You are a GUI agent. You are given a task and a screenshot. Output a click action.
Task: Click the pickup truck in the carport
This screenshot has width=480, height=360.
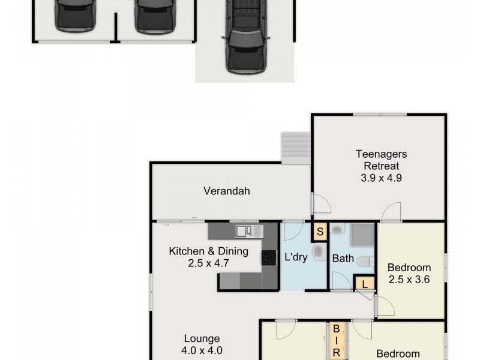click(245, 36)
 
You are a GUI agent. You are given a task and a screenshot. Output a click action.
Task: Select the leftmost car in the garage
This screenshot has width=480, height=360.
click(75, 15)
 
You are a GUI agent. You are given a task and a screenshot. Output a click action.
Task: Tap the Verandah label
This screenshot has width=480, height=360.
click(226, 191)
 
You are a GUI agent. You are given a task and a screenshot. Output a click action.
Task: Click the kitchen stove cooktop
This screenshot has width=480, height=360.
click(269, 258)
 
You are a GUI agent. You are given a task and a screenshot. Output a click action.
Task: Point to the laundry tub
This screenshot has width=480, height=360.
click(319, 251)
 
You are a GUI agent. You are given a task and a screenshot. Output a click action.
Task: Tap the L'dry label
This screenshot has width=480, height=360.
click(296, 258)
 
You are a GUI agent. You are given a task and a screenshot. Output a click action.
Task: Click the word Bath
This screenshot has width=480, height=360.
click(343, 259)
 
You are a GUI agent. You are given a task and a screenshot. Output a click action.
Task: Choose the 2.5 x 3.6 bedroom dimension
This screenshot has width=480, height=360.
click(409, 279)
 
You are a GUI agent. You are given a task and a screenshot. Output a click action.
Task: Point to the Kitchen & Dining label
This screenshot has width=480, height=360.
click(199, 251)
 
